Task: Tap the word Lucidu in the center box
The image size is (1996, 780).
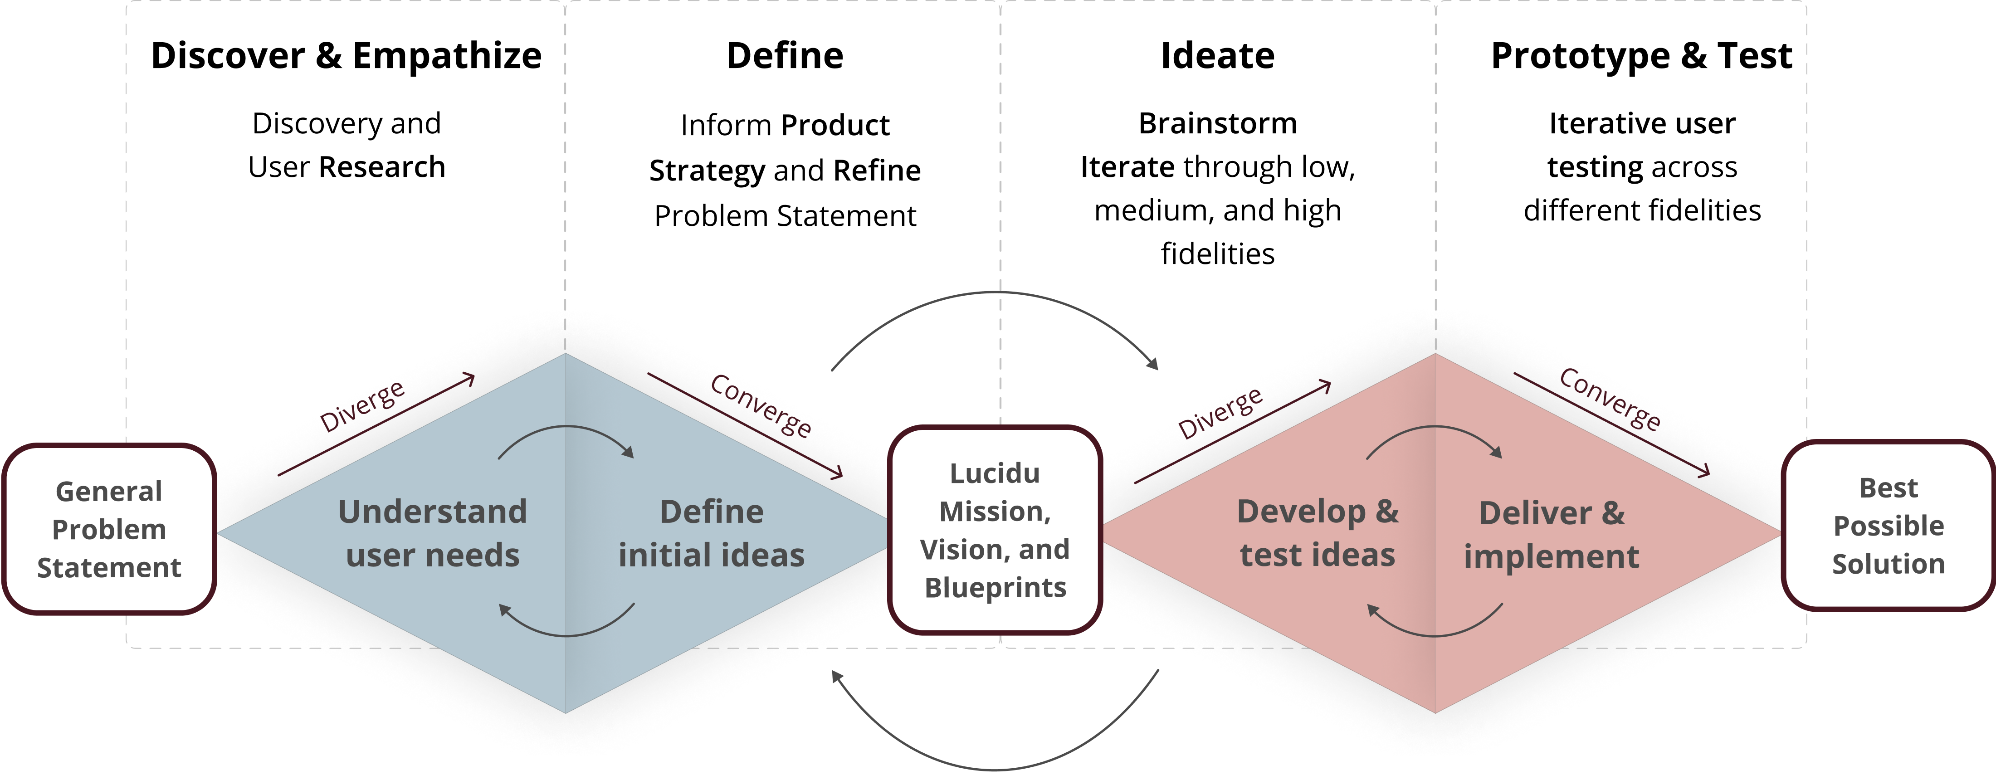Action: (x=995, y=473)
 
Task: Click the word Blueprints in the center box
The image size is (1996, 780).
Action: (x=995, y=588)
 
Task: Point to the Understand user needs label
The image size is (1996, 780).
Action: (x=432, y=533)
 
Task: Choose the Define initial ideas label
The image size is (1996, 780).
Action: (x=711, y=533)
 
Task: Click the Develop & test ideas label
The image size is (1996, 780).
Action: (x=1317, y=533)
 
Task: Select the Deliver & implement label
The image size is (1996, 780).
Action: (x=1551, y=535)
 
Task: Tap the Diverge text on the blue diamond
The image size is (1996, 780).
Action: (x=363, y=405)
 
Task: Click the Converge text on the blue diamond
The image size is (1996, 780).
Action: (x=761, y=405)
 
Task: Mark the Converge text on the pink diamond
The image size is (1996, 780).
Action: (x=1610, y=400)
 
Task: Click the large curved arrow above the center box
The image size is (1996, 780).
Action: (x=995, y=294)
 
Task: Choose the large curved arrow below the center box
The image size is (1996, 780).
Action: (x=995, y=767)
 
